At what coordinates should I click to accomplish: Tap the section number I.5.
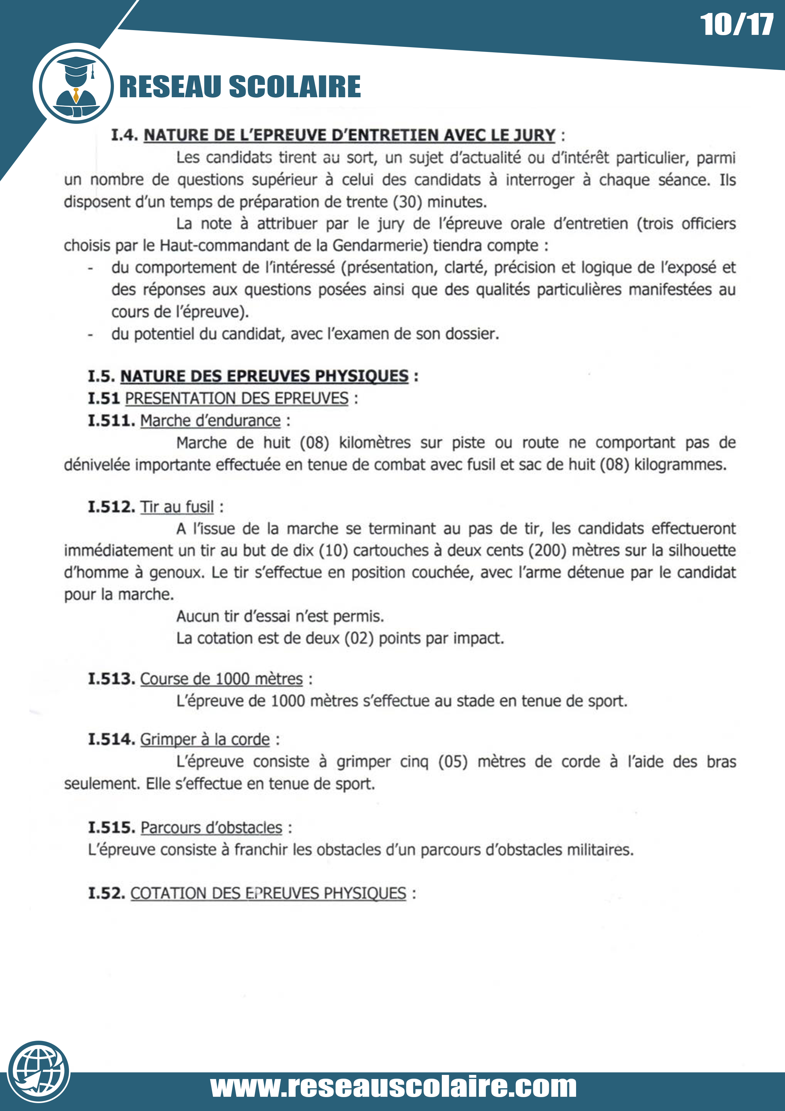pos(101,376)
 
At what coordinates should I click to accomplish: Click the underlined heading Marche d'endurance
pos(210,421)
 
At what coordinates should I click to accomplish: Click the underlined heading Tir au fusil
pos(177,507)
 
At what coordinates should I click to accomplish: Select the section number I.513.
pos(111,679)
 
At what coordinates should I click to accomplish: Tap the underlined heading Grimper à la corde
pos(205,740)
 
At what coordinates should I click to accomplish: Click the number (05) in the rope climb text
pos(453,762)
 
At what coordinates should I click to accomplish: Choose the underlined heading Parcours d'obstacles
pos(211,828)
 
